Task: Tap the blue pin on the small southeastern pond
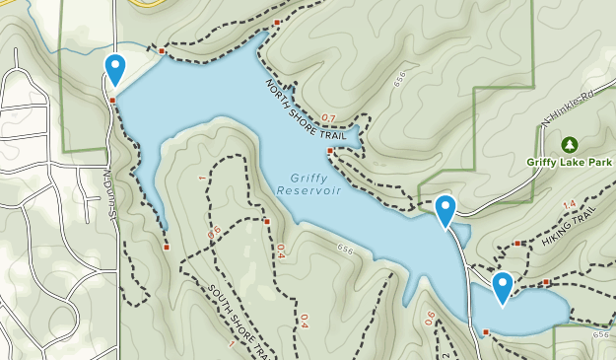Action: (503, 287)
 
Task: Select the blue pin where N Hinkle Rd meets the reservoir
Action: (445, 210)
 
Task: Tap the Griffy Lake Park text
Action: (570, 163)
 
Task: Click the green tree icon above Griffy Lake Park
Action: (569, 145)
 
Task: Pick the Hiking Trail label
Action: (570, 234)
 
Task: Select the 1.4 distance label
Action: (569, 205)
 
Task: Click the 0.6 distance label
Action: (430, 318)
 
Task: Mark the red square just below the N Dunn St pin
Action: (112, 100)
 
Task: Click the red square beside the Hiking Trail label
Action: (516, 243)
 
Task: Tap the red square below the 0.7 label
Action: (330, 150)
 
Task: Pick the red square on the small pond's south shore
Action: (486, 331)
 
